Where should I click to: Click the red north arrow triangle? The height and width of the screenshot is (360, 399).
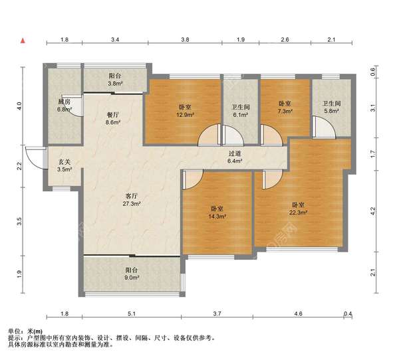[x=23, y=40]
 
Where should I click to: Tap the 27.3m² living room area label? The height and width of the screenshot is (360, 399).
[x=132, y=204]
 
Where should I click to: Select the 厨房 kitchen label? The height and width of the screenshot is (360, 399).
[x=64, y=102]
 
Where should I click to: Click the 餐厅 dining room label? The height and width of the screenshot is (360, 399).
[x=113, y=115]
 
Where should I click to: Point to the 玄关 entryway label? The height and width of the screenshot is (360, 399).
[x=65, y=161]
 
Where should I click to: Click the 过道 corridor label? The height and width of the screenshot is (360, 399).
[x=235, y=153]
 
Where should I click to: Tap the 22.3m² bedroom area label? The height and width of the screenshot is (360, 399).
[x=298, y=213]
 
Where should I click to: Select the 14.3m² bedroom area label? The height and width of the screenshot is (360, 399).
[x=217, y=217]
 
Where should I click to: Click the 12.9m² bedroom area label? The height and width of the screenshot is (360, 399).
[x=186, y=115]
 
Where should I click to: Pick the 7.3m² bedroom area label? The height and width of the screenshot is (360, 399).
[x=285, y=111]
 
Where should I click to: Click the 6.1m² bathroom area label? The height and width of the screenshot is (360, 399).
[x=241, y=115]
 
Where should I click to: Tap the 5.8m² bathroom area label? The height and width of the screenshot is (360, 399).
[x=332, y=111]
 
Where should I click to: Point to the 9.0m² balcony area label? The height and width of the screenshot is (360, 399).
[x=132, y=278]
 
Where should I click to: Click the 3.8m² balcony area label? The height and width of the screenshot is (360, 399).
[x=115, y=83]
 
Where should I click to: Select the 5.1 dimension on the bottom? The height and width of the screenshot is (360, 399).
[x=132, y=314]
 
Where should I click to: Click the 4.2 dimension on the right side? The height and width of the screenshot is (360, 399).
[x=372, y=211]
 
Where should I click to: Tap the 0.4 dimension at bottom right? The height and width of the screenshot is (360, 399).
[x=348, y=314]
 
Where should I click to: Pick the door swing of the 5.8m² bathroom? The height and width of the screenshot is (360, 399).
[x=324, y=127]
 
